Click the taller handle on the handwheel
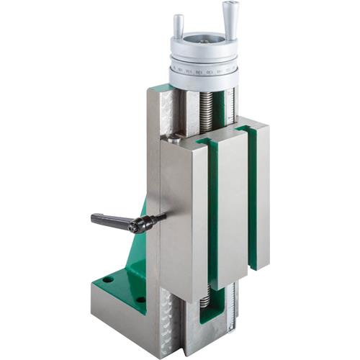(230, 18)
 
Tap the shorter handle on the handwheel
(179, 26)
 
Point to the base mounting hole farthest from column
(107, 280)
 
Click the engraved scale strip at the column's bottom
(230, 317)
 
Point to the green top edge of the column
(163, 88)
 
